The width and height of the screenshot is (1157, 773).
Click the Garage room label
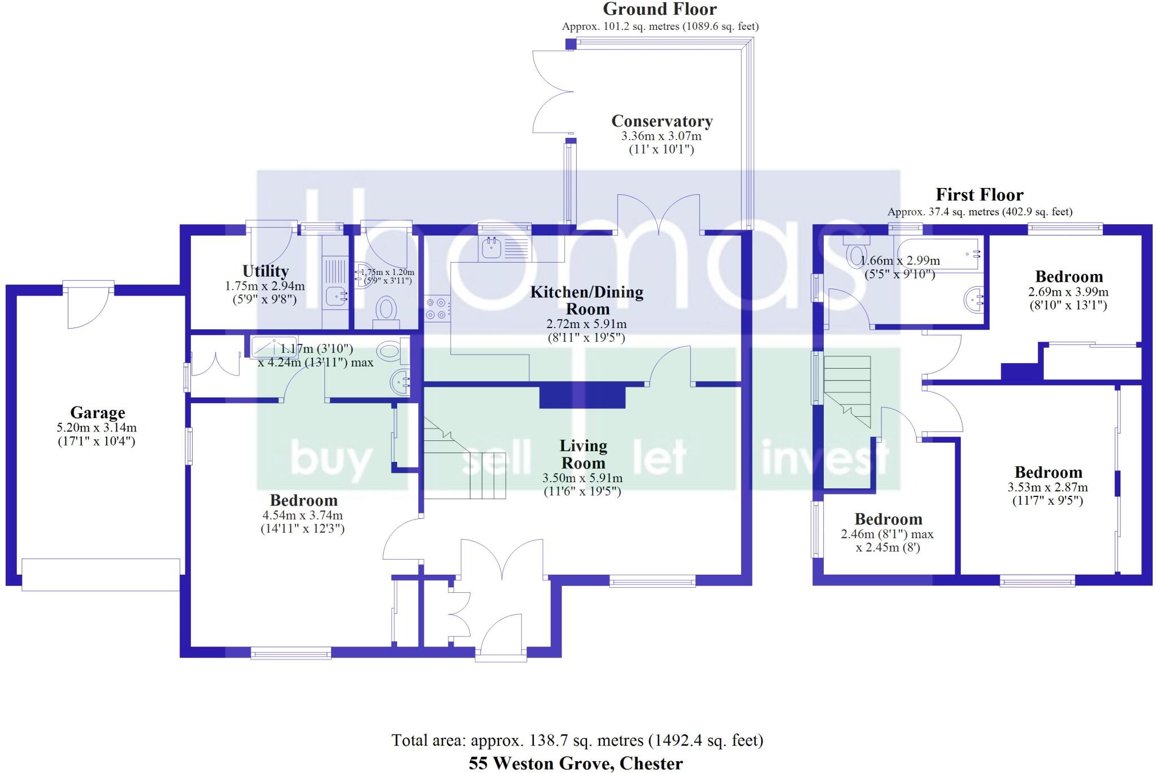[x=97, y=412]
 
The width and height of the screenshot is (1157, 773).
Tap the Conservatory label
[x=662, y=121]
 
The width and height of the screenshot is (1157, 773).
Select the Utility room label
[x=265, y=271]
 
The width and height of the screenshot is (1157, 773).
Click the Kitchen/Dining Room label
[x=586, y=300]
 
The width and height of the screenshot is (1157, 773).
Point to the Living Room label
[x=583, y=454]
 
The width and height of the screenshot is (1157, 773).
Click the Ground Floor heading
[x=659, y=9]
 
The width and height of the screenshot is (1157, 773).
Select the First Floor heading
[x=979, y=195]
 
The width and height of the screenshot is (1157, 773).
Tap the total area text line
[x=577, y=740]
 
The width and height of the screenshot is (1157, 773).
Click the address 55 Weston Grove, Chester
[x=575, y=763]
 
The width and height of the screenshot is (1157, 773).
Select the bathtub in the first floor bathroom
[x=938, y=255]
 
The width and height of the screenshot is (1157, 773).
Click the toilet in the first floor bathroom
[x=856, y=254]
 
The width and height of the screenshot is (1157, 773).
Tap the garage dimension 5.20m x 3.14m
[x=97, y=428]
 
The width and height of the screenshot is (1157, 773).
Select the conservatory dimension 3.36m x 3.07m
[x=661, y=136]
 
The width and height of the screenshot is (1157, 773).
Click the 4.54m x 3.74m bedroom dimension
[x=302, y=515]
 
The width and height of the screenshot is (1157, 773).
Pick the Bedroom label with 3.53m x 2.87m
[x=1048, y=472]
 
